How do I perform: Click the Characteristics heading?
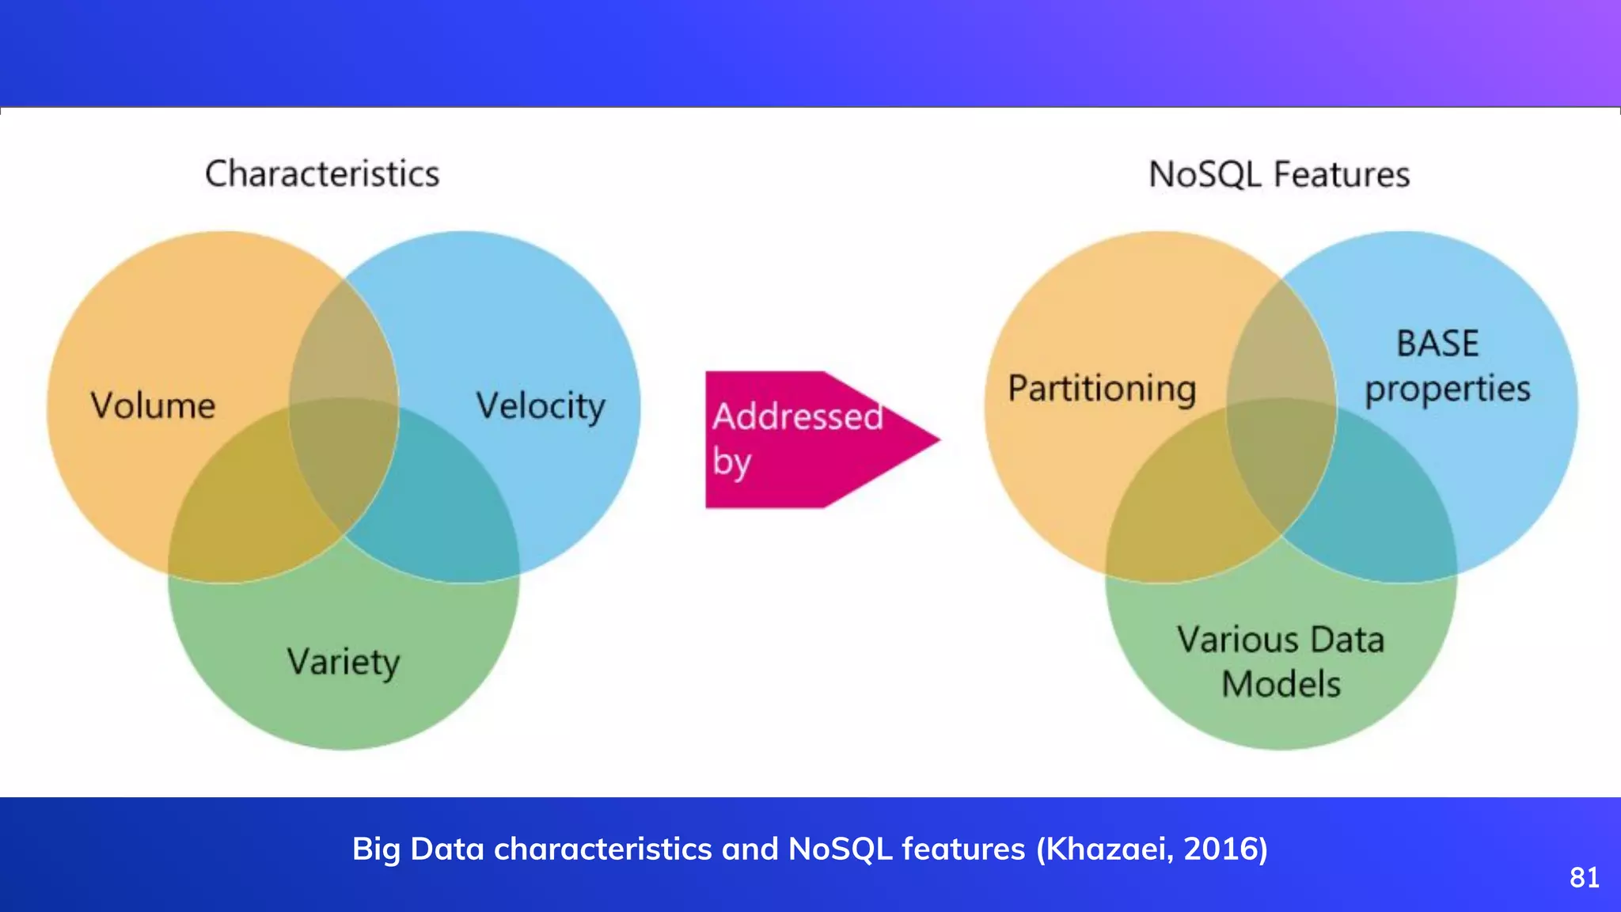322,174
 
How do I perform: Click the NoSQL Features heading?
1279,175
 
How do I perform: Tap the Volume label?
153,405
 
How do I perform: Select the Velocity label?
541,406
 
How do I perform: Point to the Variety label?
344,662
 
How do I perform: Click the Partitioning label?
1102,389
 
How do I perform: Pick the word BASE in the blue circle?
1437,344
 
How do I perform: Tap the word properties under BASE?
1448,389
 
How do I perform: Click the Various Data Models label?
1281,662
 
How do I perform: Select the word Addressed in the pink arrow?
797,416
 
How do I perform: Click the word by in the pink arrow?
731,462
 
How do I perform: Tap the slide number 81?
1585,877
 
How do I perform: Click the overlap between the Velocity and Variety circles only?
443,507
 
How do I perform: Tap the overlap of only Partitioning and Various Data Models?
1171,515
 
